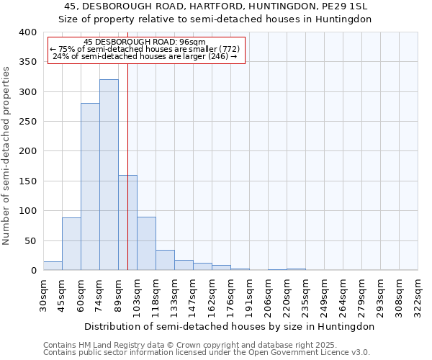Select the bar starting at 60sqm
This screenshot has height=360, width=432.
coord(90,186)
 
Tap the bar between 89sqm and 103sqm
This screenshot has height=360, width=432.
coord(127,222)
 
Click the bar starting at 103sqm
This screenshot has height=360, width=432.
coord(146,243)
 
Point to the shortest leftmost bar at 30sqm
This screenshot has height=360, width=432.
coord(53,266)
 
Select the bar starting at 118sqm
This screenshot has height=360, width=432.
coord(165,260)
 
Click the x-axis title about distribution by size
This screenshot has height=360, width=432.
coord(230,326)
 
